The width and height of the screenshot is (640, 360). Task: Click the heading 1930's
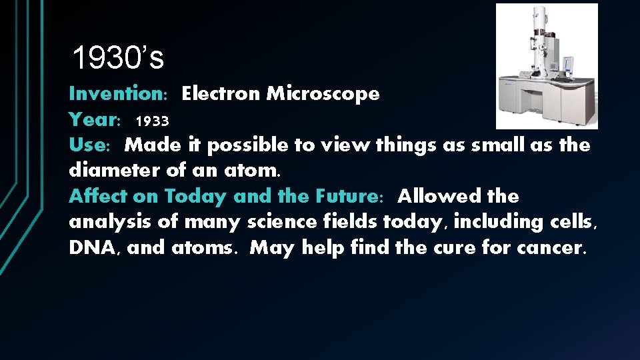click(117, 59)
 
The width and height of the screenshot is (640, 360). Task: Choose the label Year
click(93, 120)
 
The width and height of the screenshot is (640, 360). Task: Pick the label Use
click(88, 145)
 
